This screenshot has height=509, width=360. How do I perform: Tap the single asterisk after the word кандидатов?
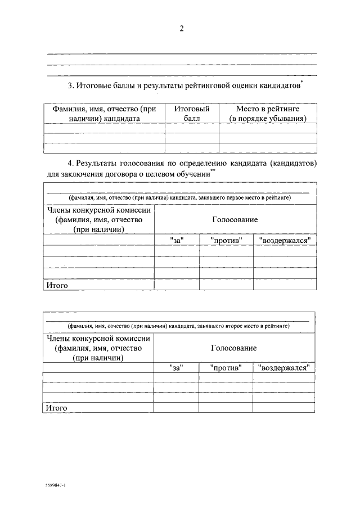tap(302, 83)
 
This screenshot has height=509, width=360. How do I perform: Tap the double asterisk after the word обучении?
tap(213, 172)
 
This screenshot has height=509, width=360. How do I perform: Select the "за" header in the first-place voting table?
tap(177, 240)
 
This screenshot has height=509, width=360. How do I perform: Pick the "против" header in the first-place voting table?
tap(226, 240)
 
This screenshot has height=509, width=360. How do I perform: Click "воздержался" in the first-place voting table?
tap(285, 240)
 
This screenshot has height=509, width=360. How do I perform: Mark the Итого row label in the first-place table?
tap(57, 286)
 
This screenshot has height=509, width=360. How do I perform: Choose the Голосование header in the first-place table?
tap(235, 220)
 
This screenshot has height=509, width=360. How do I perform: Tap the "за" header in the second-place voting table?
tap(176, 368)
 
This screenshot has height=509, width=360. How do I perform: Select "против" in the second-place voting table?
tap(226, 368)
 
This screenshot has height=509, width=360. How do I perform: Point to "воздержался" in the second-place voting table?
tap(284, 368)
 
